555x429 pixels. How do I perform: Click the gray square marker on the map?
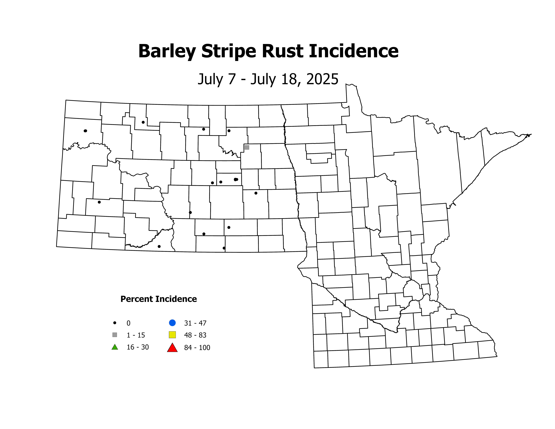click(247, 147)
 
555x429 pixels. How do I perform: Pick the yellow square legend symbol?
click(172, 335)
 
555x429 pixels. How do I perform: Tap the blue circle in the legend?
click(172, 323)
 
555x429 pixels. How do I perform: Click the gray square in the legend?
click(115, 335)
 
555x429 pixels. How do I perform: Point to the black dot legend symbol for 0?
click(115, 323)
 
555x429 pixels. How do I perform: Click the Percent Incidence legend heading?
click(159, 299)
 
